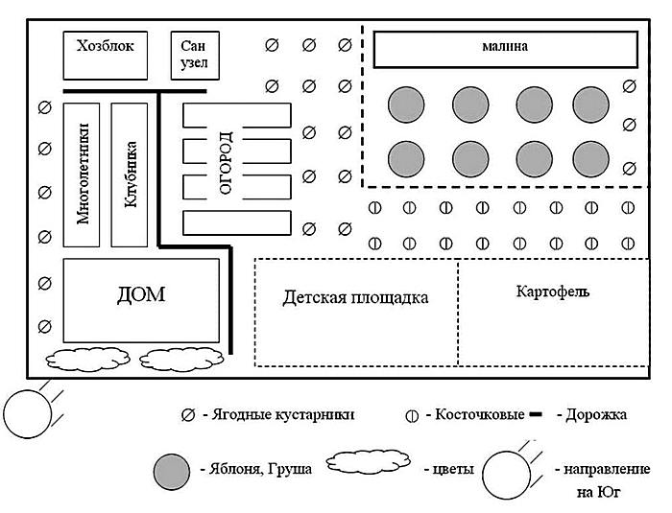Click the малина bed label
[x=506, y=46]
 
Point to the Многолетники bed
[x=83, y=172]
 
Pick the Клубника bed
[x=132, y=172]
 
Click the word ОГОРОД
[x=226, y=163]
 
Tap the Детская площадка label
[x=355, y=297]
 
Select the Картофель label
[x=551, y=290]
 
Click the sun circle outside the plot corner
[x=27, y=411]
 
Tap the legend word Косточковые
[x=480, y=415]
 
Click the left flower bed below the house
[x=81, y=360]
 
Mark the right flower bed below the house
[x=178, y=360]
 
